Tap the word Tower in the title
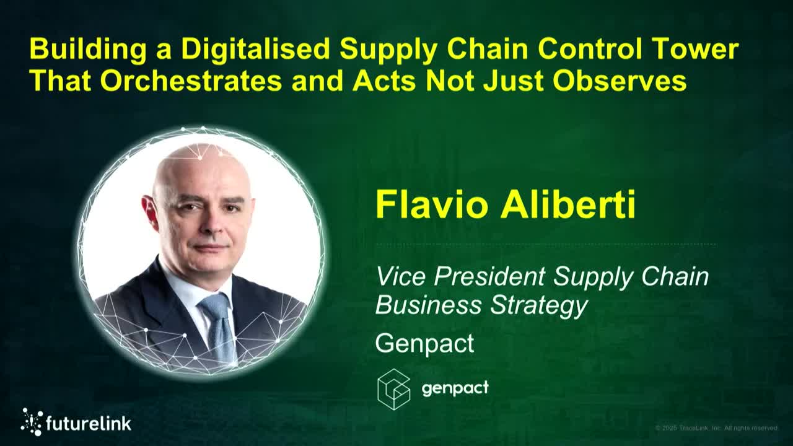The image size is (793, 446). [x=703, y=50]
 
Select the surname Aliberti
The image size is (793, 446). [x=568, y=204]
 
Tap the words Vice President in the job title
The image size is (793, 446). [x=460, y=276]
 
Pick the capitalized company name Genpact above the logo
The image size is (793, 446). [x=424, y=343]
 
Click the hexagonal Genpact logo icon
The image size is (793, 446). [x=394, y=389]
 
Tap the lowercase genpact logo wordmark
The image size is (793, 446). [x=455, y=388]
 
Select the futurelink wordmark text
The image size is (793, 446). [x=89, y=424]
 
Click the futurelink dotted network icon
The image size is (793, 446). [x=32, y=422]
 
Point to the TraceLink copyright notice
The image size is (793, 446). [x=716, y=428]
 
